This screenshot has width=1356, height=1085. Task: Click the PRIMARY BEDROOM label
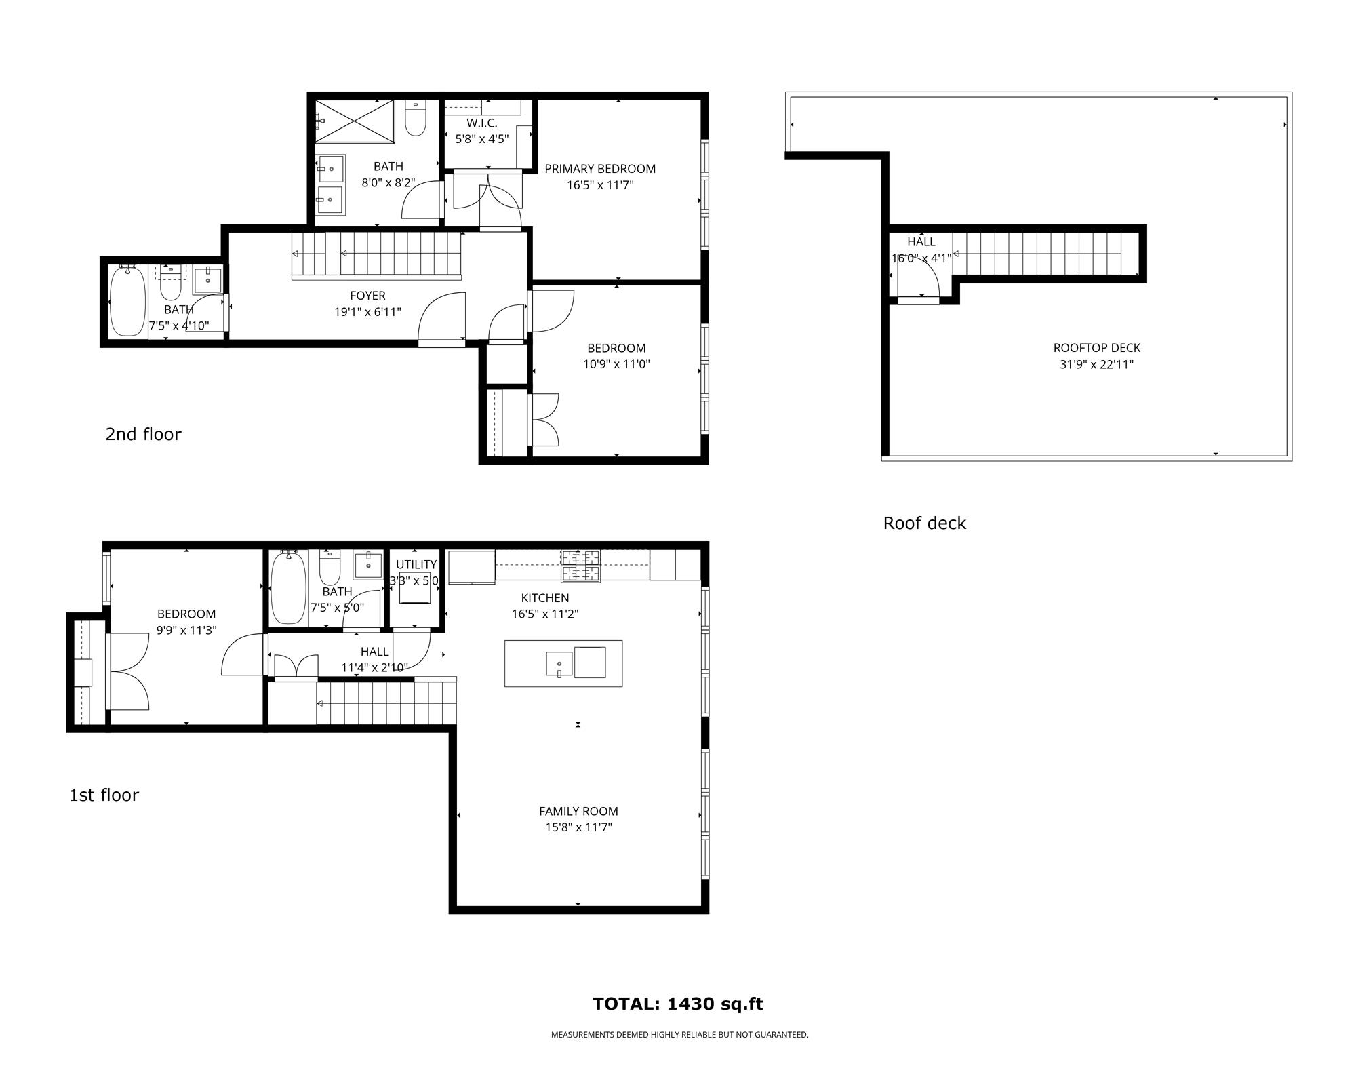tap(600, 169)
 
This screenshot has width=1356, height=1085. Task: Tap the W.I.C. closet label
tap(482, 123)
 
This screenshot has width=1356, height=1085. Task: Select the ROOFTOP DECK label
tap(1097, 348)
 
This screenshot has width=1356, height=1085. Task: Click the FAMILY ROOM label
tap(578, 811)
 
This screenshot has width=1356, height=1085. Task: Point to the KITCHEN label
tap(545, 598)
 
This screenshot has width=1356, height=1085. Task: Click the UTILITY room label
tap(416, 565)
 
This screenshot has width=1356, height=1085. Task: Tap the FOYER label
tap(367, 296)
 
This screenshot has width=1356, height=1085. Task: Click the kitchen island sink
tap(559, 664)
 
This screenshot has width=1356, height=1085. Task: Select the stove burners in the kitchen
tap(580, 566)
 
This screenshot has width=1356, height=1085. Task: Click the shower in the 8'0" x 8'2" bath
tap(354, 121)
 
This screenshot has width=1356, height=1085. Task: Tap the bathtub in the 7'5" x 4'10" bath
tap(127, 301)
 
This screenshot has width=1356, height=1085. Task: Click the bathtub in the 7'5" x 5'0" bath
tap(288, 588)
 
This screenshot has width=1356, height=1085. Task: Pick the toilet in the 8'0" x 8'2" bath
tap(415, 119)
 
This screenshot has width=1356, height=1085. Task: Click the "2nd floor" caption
tap(143, 434)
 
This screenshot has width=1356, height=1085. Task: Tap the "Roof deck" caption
tap(924, 523)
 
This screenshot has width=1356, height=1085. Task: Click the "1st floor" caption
tap(104, 795)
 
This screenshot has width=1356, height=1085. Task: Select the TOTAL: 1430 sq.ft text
tap(678, 1004)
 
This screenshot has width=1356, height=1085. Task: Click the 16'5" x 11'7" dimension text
tap(600, 185)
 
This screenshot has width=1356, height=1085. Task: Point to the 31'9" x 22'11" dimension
tap(1097, 364)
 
